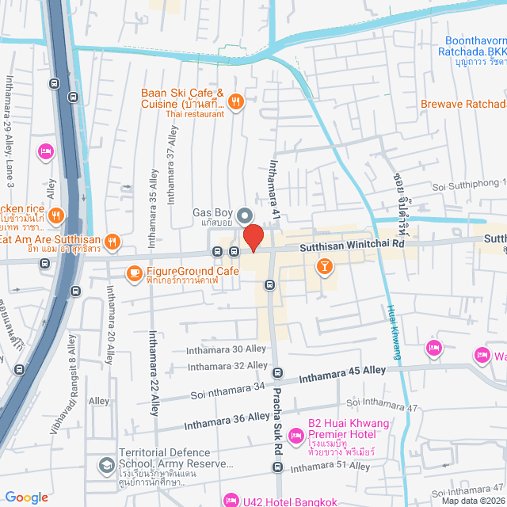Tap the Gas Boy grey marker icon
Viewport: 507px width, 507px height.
point(245,215)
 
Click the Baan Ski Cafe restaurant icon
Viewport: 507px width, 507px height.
point(235,101)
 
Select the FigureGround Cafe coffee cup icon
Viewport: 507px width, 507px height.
point(134,273)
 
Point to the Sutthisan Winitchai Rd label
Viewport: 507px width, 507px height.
point(352,246)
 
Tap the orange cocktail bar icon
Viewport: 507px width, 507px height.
point(323,267)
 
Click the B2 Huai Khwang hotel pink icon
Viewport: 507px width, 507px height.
point(296,436)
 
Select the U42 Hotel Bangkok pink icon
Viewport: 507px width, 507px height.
point(231,499)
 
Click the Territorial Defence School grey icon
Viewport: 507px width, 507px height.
point(105,464)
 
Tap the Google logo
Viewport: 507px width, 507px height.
point(26,497)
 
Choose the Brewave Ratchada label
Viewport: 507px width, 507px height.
point(463,105)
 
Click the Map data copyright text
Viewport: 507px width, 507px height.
point(472,500)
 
